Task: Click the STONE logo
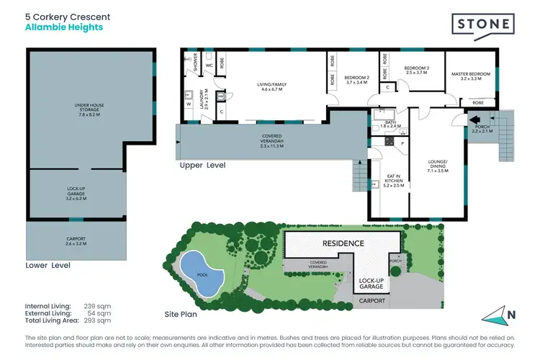coord(482,24)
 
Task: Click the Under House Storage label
coord(90,109)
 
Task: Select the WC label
coord(209,66)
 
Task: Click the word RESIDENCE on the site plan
coord(343,243)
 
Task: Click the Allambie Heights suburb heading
coord(64,27)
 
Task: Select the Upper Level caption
coord(202,165)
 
